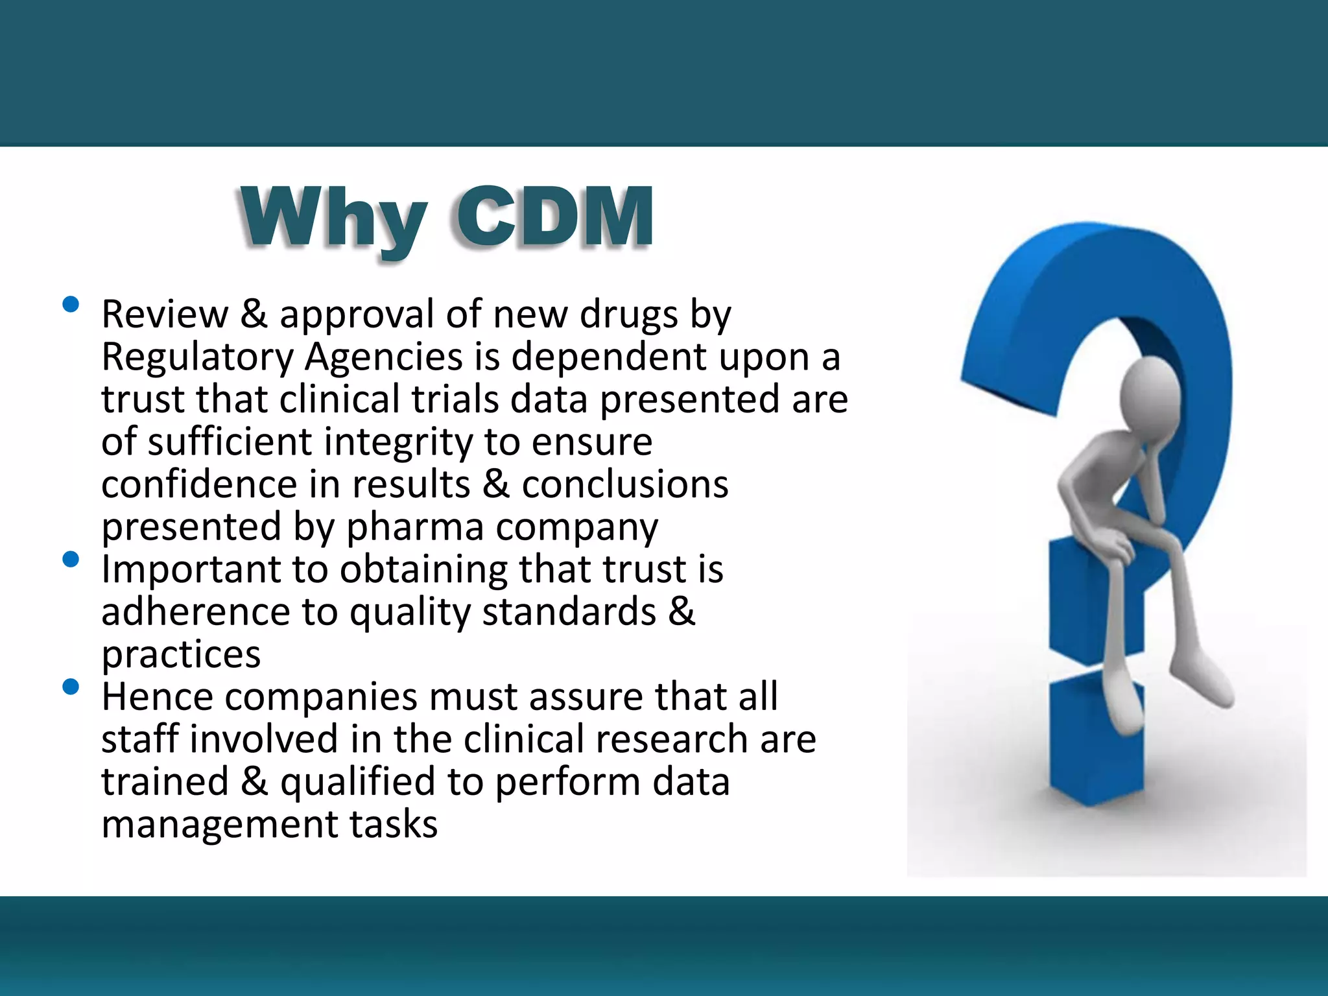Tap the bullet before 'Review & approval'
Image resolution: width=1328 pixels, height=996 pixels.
point(71,304)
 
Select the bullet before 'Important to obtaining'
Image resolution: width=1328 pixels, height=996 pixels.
point(71,559)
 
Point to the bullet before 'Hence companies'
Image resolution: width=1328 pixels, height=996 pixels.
point(71,687)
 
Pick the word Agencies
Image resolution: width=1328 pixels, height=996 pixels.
point(385,358)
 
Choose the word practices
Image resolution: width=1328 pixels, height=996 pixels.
point(181,655)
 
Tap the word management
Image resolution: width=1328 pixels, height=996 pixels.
point(219,825)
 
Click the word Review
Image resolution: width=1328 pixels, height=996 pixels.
point(165,315)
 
